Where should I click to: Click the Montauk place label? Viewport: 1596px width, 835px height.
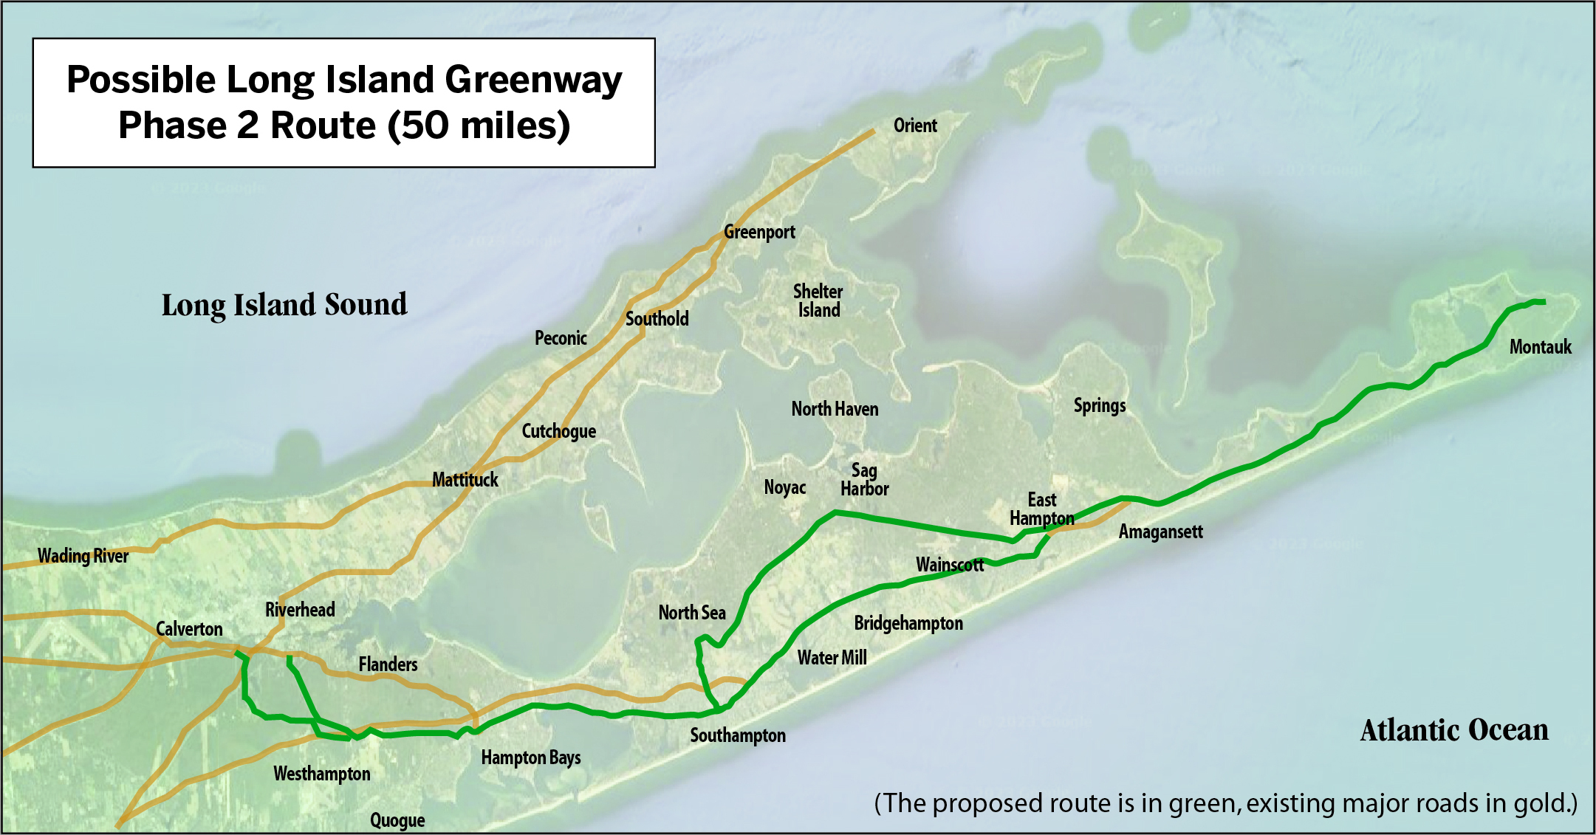(1540, 347)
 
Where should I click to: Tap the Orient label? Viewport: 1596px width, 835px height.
(915, 126)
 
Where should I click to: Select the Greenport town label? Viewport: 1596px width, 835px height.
(759, 232)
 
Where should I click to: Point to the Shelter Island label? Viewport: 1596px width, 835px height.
(818, 301)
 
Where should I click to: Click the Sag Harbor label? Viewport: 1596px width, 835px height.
(864, 479)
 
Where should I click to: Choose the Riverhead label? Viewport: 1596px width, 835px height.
(300, 610)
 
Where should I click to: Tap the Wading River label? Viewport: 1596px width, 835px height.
(83, 556)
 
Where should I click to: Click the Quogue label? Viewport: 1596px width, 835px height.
(397, 820)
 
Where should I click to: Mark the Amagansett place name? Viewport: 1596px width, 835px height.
(1160, 532)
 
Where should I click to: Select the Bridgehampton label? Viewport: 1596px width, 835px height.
(908, 623)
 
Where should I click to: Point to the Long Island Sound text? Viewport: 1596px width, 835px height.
(284, 305)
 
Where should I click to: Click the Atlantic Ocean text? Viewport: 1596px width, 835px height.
(1453, 730)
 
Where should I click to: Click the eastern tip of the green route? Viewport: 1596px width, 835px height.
(1544, 301)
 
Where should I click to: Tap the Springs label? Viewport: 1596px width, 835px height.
(1100, 405)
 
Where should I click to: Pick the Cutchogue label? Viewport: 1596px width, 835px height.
(558, 431)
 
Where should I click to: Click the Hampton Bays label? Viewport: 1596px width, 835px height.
(530, 758)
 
